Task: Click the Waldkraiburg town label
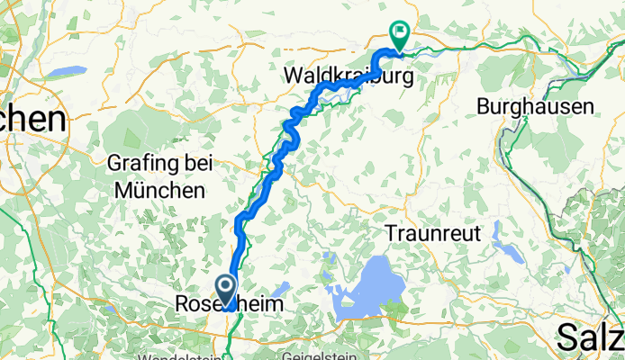349,76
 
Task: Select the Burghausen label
535,106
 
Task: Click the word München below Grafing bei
160,191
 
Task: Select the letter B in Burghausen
483,106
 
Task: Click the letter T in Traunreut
391,232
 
